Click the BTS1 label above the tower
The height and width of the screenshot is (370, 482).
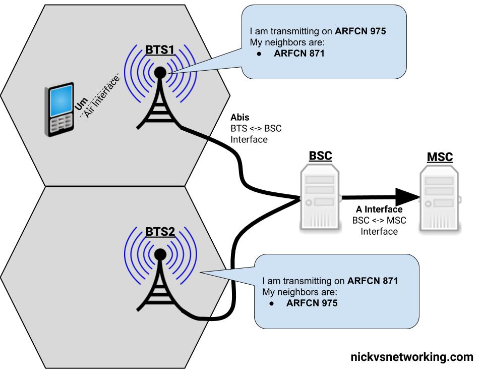point(160,50)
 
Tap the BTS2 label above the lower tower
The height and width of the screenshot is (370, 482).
point(160,232)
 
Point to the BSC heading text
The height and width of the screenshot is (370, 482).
point(320,156)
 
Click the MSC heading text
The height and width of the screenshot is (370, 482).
point(440,157)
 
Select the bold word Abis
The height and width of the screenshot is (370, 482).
point(240,117)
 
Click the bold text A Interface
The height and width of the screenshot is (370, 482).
point(379,209)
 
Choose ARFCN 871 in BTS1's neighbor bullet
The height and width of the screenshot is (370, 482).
point(299,54)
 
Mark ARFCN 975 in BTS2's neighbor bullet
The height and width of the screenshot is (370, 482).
point(312,303)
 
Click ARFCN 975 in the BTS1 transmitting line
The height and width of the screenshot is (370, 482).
point(360,31)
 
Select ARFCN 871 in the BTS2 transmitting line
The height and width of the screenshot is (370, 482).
point(373,281)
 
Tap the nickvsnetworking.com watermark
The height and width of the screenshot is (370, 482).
point(411,357)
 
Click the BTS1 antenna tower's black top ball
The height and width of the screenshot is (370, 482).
point(160,73)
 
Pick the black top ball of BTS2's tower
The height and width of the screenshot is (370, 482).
point(160,254)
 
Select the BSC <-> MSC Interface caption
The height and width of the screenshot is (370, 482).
point(379,226)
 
